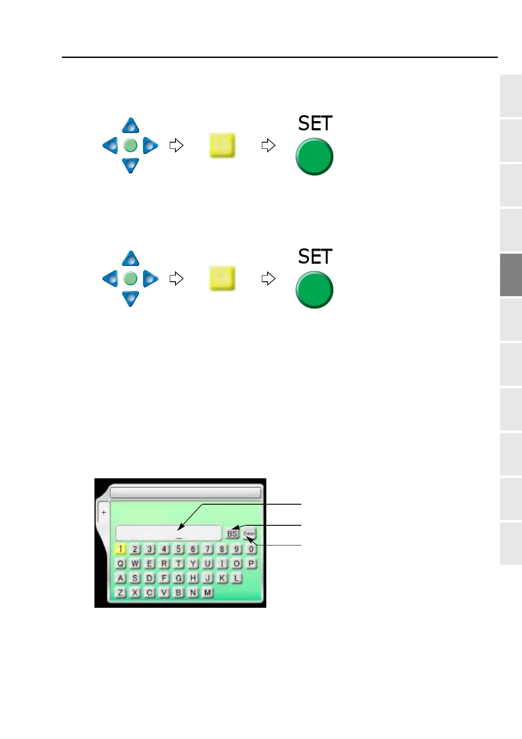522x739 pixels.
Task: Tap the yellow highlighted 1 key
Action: click(120, 549)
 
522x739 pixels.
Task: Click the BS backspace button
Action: click(232, 534)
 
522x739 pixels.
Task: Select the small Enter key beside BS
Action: click(249, 534)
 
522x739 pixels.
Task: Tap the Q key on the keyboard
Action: click(121, 563)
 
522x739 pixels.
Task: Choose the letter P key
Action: click(251, 563)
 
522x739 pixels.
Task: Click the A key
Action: click(121, 578)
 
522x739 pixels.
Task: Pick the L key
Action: click(236, 578)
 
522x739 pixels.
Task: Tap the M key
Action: click(207, 592)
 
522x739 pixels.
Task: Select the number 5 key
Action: click(178, 549)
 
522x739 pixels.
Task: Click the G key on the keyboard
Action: click(179, 578)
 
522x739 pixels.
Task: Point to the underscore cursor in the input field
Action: click(179, 538)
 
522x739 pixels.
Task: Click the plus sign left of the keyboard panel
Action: click(104, 512)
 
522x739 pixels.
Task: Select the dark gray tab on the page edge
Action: click(511, 275)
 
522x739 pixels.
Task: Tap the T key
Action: click(179, 563)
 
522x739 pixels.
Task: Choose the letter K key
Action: click(222, 578)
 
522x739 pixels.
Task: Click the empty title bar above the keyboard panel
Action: click(185, 492)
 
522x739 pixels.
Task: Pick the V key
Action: click(164, 592)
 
